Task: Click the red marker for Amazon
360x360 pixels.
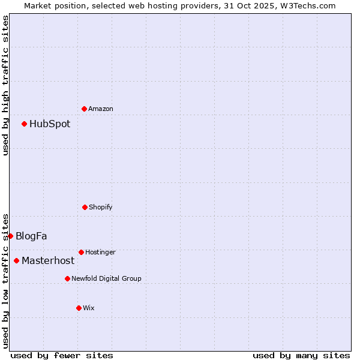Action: coord(84,109)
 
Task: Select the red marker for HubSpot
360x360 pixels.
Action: coord(24,124)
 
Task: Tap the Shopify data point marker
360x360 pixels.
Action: coord(85,207)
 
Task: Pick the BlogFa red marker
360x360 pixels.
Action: coord(10,236)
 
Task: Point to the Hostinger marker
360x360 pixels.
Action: coord(81,252)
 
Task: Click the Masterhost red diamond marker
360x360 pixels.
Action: coord(16,260)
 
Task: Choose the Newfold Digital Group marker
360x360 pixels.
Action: coord(67,278)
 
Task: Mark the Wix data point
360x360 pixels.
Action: coord(79,308)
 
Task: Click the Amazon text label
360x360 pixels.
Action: coord(101,109)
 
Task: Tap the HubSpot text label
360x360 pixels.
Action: coord(50,124)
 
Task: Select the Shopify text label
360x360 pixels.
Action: coord(101,207)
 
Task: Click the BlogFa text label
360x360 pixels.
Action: coord(31,236)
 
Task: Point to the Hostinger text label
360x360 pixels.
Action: coord(100,252)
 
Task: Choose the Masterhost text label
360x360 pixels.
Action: coord(48,261)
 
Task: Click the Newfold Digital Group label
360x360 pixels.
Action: coord(106,278)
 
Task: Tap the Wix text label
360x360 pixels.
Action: coord(89,308)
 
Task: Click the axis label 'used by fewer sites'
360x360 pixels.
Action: coord(62,356)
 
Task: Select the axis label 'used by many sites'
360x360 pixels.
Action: coord(301,356)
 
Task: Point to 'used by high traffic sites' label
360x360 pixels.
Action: coord(5,85)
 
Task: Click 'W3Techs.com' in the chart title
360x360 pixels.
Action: coord(307,5)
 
